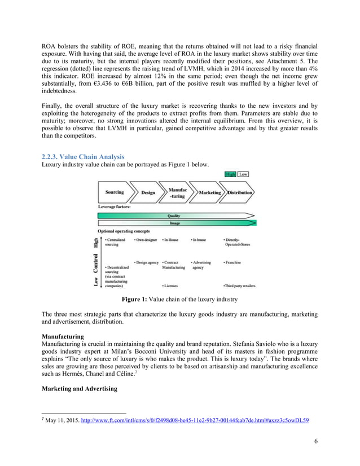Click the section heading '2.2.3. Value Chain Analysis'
click(x=83, y=156)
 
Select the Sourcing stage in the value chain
click(x=115, y=192)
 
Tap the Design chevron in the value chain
click(x=148, y=192)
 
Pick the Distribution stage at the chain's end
click(x=239, y=192)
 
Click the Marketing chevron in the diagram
click(x=209, y=192)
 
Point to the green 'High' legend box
click(x=230, y=174)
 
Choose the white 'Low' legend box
click(x=243, y=174)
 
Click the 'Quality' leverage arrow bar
click(x=174, y=216)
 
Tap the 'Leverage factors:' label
click(x=115, y=206)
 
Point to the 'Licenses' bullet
click(x=170, y=286)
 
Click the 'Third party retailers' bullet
click(x=240, y=286)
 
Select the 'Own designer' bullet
click(x=146, y=240)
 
